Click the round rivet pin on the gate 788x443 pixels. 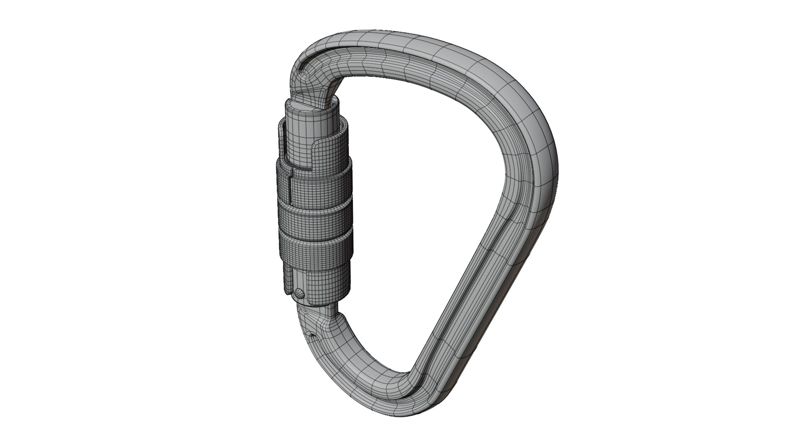[299, 293]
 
